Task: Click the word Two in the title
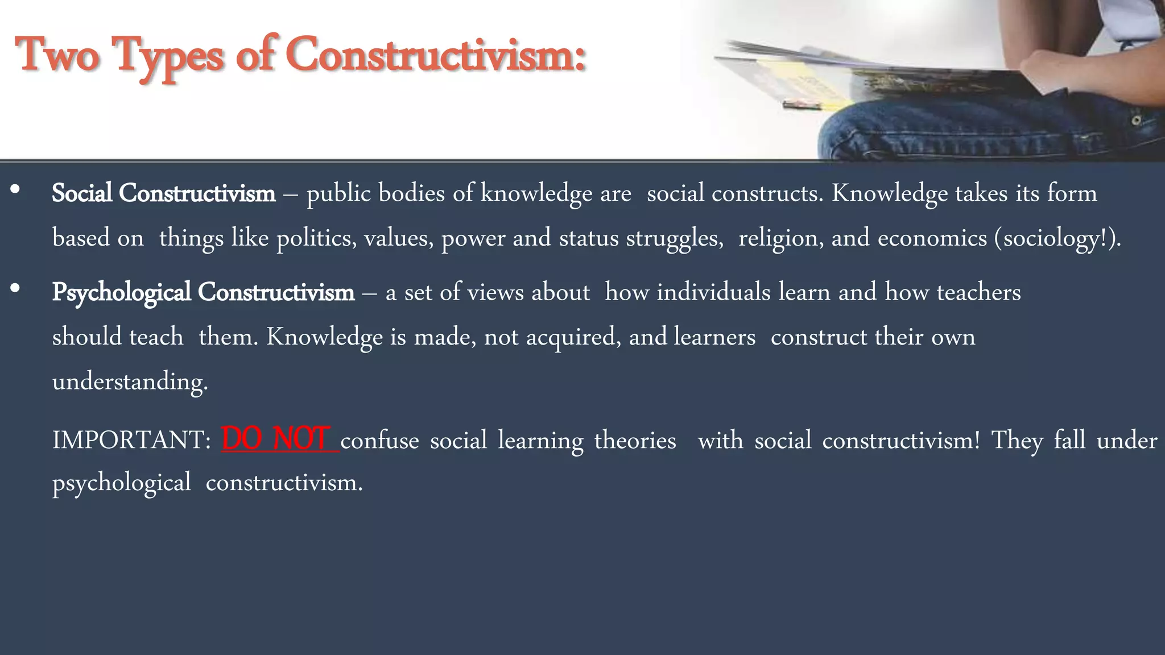tap(57, 56)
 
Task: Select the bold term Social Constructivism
tap(163, 193)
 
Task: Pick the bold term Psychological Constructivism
tap(203, 292)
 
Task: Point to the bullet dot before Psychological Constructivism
tap(15, 289)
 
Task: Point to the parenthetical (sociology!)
tap(1057, 238)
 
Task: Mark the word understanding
tap(130, 382)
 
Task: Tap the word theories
tap(635, 441)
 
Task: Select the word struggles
tap(674, 238)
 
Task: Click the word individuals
tap(713, 292)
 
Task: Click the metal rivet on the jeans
tap(1135, 121)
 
